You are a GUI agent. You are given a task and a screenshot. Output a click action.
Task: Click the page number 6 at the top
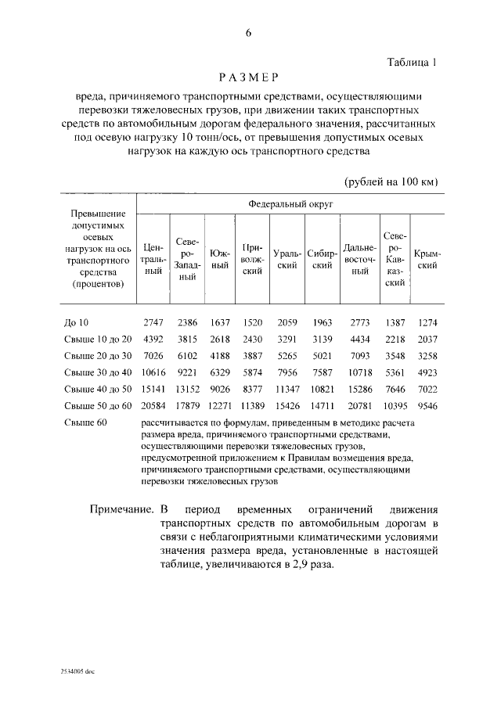click(x=249, y=33)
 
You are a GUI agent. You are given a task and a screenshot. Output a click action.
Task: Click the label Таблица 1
click(x=413, y=60)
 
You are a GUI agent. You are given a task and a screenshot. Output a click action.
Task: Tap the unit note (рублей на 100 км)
click(x=391, y=181)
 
